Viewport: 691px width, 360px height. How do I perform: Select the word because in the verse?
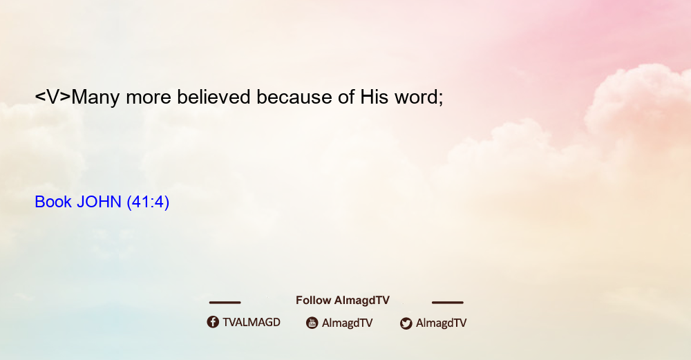click(294, 97)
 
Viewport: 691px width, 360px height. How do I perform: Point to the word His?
click(374, 97)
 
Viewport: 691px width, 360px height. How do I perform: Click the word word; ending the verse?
click(419, 97)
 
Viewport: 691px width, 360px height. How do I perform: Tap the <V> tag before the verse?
click(53, 97)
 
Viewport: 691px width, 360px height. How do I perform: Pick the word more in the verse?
click(149, 99)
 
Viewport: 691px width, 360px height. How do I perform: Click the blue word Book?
click(53, 202)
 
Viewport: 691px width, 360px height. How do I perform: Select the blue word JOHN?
click(99, 202)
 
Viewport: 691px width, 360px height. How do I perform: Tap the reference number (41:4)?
click(148, 202)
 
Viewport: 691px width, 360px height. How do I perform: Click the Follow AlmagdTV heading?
click(343, 300)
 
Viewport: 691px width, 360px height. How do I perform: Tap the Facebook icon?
click(213, 322)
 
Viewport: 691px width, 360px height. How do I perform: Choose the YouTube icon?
click(312, 323)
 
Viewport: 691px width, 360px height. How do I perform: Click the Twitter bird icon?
click(406, 323)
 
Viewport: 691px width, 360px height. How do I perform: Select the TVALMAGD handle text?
click(252, 322)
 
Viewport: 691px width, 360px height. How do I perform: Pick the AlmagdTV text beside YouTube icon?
click(348, 323)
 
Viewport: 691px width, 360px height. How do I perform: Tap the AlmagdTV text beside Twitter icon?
click(441, 323)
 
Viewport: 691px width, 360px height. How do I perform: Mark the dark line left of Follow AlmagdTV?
click(225, 303)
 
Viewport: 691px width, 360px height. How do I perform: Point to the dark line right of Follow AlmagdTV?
click(448, 303)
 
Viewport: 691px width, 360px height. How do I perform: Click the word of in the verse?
click(346, 97)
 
